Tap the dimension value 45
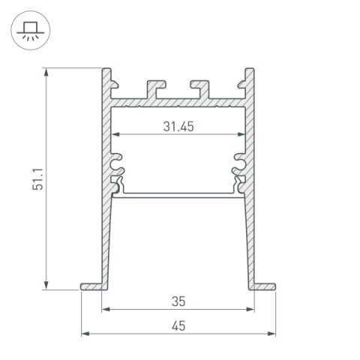[x=178, y=325]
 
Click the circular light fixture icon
[x=28, y=32]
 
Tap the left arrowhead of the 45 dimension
[x=84, y=332]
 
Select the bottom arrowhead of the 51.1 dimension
[x=47, y=286]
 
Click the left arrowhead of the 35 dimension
[x=105, y=308]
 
